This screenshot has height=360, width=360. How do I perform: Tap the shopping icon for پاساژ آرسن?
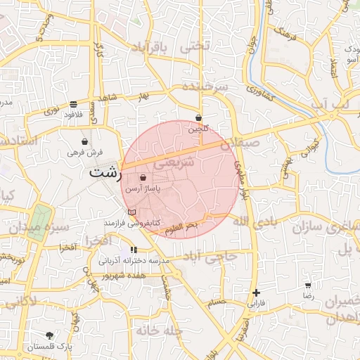click(143, 179)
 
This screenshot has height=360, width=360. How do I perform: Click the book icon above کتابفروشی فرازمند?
click(131, 212)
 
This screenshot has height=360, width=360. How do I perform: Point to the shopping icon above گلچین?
click(199, 118)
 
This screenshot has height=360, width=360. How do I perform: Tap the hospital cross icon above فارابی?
click(256, 292)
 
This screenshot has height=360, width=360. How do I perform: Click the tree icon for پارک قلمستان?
click(49, 335)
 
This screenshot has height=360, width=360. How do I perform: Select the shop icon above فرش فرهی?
click(85, 141)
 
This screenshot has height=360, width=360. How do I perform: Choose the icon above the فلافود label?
click(74, 103)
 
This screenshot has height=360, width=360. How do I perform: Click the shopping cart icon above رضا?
click(308, 285)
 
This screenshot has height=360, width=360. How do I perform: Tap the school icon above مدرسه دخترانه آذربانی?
click(134, 250)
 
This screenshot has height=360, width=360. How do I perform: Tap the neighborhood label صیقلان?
click(240, 143)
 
